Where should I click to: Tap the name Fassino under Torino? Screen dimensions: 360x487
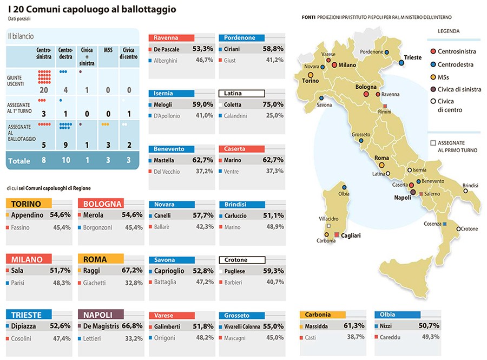pyautogui.click(x=21, y=228)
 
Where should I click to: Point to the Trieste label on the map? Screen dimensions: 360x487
pyautogui.click(x=413, y=57)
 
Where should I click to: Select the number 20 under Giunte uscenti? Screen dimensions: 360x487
pyautogui.click(x=44, y=90)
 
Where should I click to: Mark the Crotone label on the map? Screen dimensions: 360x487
pyautogui.click(x=469, y=229)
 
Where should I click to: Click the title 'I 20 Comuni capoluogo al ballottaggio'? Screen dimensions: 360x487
pyautogui.click(x=92, y=10)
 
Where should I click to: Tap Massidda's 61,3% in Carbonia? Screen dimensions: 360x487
pyautogui.click(x=354, y=326)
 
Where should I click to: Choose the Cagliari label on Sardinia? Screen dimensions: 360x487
pyautogui.click(x=351, y=235)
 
